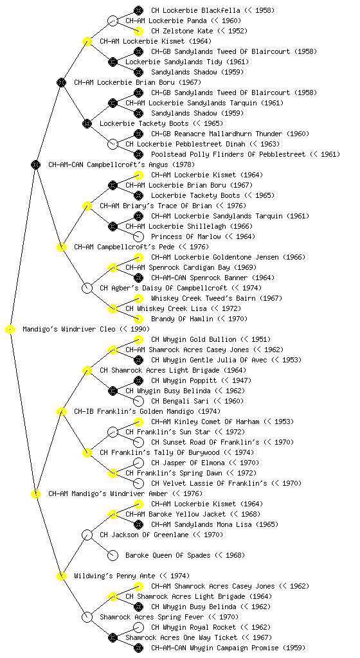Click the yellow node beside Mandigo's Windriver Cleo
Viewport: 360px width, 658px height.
[x=10, y=330]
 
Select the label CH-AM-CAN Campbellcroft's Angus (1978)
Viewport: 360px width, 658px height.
[x=122, y=165]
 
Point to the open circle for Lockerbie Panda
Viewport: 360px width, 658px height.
[x=113, y=21]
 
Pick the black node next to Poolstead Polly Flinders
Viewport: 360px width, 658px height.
[x=138, y=154]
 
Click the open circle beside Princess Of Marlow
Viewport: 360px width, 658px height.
[x=138, y=236]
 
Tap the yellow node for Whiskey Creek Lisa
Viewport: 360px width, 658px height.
[x=113, y=309]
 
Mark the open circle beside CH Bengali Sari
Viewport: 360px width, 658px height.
[x=138, y=401]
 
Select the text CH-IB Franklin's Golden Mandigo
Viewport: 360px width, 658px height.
[x=134, y=412]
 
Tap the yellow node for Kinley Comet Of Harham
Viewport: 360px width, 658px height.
[x=138, y=422]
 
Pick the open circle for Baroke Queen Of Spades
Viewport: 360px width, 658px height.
[x=113, y=555]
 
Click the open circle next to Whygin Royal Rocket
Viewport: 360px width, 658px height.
[x=138, y=627]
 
